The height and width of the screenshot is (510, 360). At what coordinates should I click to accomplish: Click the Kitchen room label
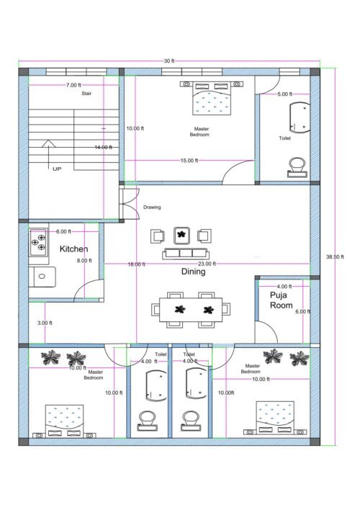73,249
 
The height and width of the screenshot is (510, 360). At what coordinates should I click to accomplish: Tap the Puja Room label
281,300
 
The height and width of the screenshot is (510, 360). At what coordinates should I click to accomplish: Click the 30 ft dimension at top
169,61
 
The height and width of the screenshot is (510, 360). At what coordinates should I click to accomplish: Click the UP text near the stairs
57,169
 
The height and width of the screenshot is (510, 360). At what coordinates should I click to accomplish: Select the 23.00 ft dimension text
207,264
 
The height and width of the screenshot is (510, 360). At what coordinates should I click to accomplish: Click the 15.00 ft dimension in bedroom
189,161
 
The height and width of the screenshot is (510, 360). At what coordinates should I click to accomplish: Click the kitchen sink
41,274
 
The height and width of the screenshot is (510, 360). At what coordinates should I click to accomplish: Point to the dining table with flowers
192,310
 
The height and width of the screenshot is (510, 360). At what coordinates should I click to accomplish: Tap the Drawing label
152,207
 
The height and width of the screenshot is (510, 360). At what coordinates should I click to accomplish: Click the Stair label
86,94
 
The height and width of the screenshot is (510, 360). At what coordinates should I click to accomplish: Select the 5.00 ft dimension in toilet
284,94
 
